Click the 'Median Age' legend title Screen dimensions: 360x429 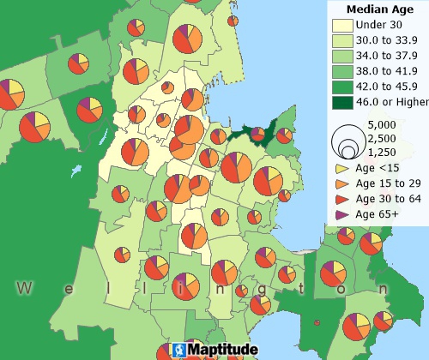373,9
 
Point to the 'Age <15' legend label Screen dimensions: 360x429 377,169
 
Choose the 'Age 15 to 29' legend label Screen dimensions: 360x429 389,183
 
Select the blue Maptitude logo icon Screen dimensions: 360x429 178,351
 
